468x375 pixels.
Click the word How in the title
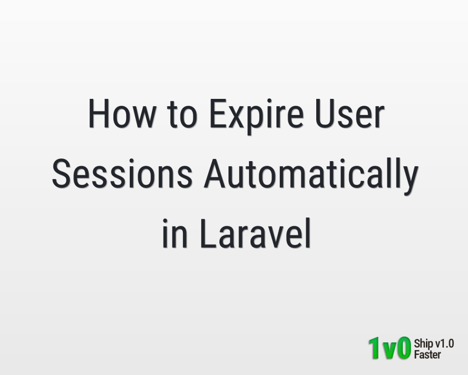point(122,114)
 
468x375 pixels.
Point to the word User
point(350,114)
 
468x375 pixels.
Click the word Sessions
point(122,174)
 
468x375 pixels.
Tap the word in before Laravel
point(175,234)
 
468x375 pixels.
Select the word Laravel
point(255,234)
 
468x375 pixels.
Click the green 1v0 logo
point(389,348)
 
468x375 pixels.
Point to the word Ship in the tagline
point(424,344)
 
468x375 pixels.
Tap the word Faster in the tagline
point(427,355)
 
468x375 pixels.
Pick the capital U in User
point(325,114)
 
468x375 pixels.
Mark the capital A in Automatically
point(214,174)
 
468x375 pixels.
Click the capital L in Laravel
point(208,233)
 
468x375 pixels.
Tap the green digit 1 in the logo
point(374,348)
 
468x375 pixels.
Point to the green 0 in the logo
point(404,348)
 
